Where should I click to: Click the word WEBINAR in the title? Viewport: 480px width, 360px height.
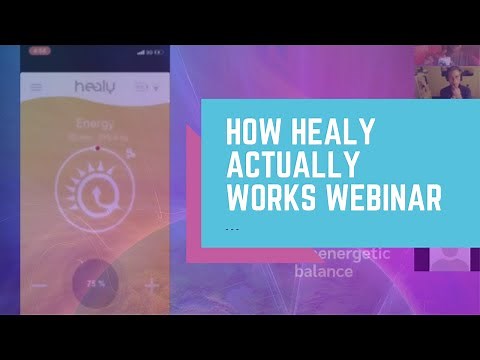click(x=385, y=198)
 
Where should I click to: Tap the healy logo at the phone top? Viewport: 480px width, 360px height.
click(x=94, y=87)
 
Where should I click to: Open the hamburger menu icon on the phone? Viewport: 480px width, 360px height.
click(x=36, y=87)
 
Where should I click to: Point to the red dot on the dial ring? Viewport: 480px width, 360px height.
click(x=97, y=147)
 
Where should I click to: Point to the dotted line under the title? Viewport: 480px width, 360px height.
click(x=232, y=228)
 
